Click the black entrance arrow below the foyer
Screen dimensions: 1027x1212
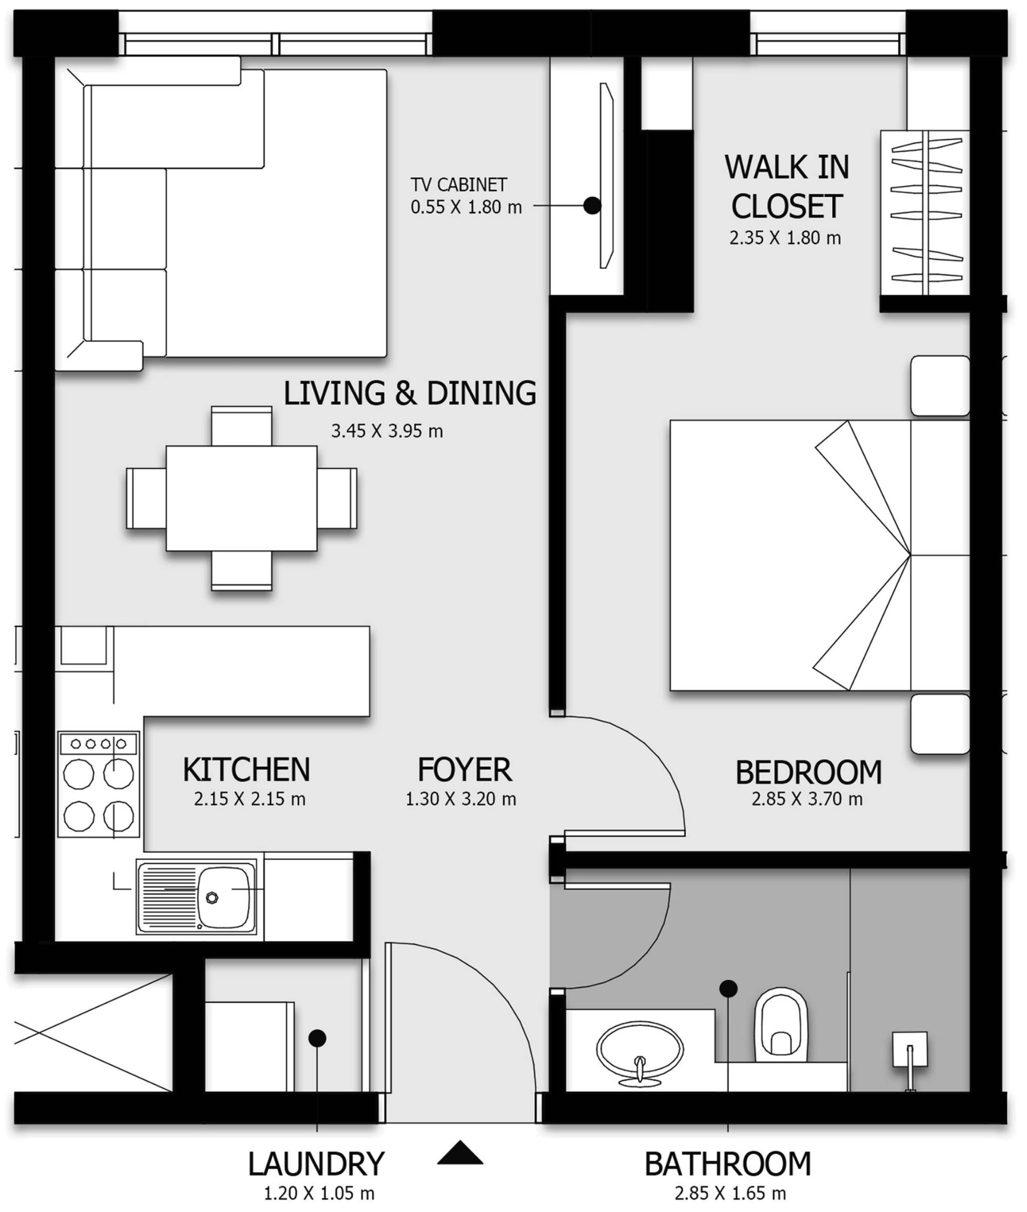pos(460,1153)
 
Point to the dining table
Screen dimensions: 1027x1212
pos(242,498)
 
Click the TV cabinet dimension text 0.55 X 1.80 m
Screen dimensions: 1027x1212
pos(466,207)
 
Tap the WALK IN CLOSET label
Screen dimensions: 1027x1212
pos(787,186)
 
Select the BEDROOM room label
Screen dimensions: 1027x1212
pos(809,772)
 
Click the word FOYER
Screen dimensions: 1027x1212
pos(464,769)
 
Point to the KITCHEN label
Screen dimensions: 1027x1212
pos(246,769)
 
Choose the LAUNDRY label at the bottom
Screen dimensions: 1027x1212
pos(316,1164)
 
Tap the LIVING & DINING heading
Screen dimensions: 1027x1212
pos(410,393)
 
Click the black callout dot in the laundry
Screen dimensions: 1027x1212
pos(317,1038)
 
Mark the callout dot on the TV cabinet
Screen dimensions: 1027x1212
pos(592,205)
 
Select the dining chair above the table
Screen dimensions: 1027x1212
pos(242,426)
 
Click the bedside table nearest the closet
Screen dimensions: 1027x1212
pos(940,386)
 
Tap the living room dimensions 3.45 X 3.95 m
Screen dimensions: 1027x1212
pos(387,431)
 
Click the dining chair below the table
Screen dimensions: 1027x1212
pos(242,570)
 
